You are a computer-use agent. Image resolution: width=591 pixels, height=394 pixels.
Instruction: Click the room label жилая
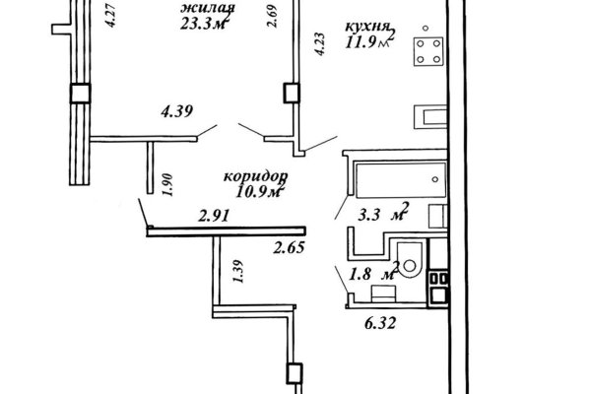coord(208,8)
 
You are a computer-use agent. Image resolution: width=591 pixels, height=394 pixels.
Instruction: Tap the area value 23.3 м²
coord(205,24)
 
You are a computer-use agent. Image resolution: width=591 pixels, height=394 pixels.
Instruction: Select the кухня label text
coord(367,27)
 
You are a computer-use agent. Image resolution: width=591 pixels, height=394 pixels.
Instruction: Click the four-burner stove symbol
coord(428,52)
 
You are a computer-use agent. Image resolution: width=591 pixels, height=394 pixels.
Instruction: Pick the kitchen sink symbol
coord(430,116)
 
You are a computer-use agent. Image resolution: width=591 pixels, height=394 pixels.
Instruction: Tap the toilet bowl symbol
coord(410,260)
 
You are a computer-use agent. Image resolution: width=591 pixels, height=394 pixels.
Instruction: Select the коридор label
coord(256,176)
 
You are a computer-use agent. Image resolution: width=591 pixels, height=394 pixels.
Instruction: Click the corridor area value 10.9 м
coord(259,192)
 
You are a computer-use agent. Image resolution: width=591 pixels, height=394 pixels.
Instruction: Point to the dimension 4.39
coord(176,111)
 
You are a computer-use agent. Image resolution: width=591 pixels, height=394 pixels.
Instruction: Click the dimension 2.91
coord(214,216)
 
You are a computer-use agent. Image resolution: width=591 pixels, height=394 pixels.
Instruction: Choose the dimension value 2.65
coord(289,247)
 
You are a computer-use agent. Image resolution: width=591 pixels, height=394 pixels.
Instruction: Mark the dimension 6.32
coord(380,323)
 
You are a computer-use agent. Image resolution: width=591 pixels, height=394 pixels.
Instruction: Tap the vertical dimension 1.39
coord(237,272)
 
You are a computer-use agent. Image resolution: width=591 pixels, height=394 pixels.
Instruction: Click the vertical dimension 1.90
coord(167,185)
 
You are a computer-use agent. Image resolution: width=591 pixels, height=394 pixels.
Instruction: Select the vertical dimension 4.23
coord(319,45)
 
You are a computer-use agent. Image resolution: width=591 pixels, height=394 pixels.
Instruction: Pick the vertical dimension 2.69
coord(272,16)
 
